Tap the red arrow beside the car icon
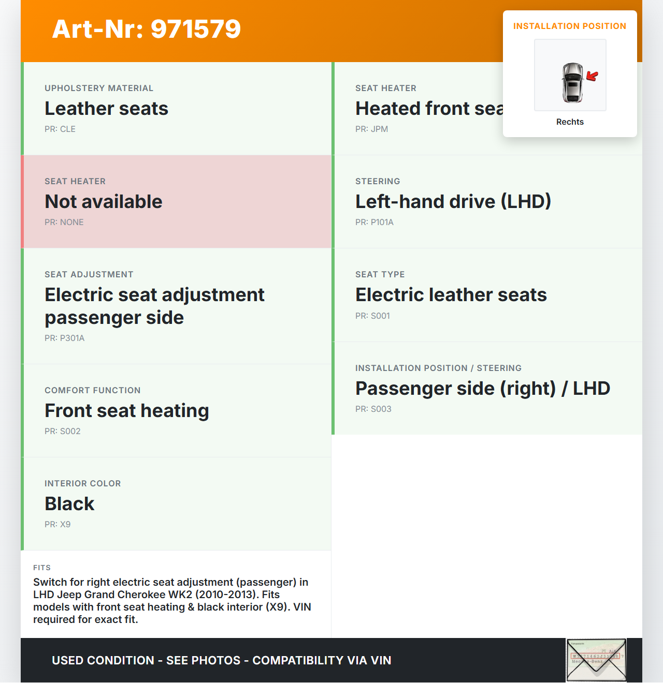(x=592, y=77)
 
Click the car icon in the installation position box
(x=572, y=82)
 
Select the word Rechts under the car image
(x=570, y=122)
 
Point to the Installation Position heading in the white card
(x=569, y=26)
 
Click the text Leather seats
(x=106, y=109)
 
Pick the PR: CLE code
(x=60, y=129)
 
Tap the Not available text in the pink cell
(x=104, y=202)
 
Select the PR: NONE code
(x=64, y=222)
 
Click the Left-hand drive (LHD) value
(x=453, y=202)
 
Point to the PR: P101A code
(x=374, y=222)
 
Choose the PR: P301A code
(x=65, y=338)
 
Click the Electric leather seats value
(x=451, y=295)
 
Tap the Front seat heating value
(x=127, y=411)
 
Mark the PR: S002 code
(x=63, y=432)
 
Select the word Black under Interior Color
(x=69, y=504)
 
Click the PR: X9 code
(x=57, y=525)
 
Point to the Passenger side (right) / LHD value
(x=482, y=389)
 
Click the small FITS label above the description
(x=42, y=568)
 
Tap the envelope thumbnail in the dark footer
(x=596, y=660)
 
